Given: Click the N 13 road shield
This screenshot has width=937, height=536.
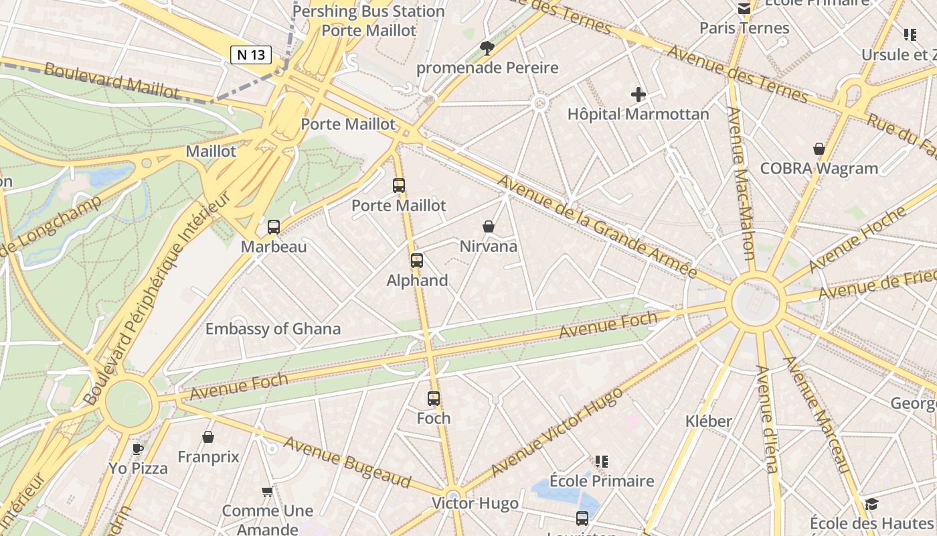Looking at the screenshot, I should pos(251,55).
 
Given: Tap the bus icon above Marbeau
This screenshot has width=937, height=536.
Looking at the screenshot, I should pos(274,227).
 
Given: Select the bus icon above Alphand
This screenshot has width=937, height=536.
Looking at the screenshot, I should pos(417,261).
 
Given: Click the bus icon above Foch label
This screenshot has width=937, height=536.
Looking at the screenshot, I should pos(434,399).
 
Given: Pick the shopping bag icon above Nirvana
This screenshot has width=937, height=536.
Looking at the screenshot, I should pos(489,227).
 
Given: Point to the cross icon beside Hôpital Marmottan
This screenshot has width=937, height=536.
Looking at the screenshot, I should pos(638,94).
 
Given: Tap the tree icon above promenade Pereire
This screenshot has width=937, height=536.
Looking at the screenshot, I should pos(487,48).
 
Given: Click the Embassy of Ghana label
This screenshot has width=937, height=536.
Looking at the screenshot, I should pos(272,329).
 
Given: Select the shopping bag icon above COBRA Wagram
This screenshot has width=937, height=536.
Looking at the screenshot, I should pos(819,149).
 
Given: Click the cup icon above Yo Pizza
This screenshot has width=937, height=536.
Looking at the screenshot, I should pos(138,449).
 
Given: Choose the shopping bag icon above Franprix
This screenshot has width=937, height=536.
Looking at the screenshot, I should pos(208,438).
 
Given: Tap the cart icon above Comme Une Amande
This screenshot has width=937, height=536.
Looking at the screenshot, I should pos(267,492).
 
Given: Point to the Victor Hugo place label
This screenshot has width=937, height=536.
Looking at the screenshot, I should pos(475,504).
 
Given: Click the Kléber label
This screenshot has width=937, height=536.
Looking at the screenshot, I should pos(709,421).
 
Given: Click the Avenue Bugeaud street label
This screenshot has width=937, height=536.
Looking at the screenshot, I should pos(347,462).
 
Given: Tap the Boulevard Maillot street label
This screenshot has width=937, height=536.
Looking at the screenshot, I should pos(112,80).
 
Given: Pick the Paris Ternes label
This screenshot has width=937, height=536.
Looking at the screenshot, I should pos(744,28).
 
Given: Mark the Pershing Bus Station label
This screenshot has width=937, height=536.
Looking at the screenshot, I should pos(369,11).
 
